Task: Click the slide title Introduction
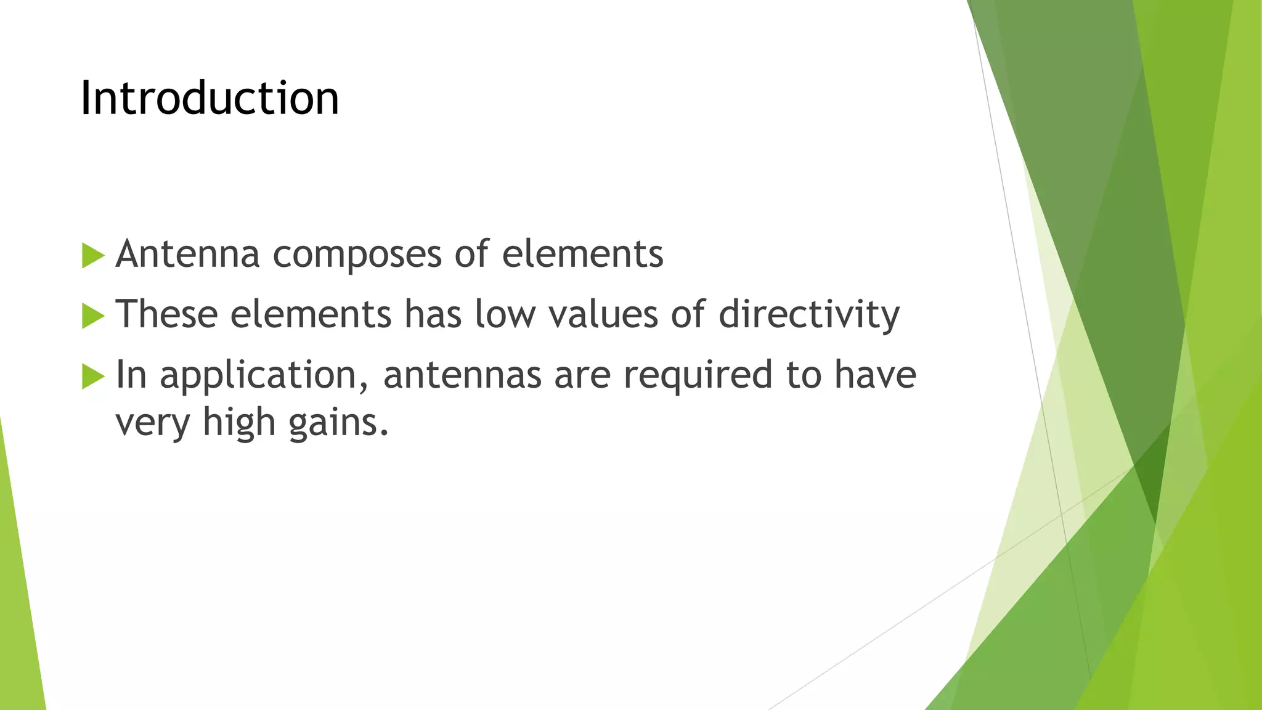tap(210, 99)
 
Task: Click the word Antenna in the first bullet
tap(187, 254)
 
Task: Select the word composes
tap(357, 255)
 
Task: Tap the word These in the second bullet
tap(166, 314)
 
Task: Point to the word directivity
tap(808, 315)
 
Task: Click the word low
tap(505, 314)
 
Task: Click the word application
tap(264, 376)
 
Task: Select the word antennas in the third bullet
tap(462, 375)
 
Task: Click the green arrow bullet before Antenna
tap(93, 256)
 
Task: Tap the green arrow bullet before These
tap(93, 316)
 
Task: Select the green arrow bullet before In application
tap(93, 377)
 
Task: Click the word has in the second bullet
tap(433, 314)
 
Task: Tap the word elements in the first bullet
tap(582, 254)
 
